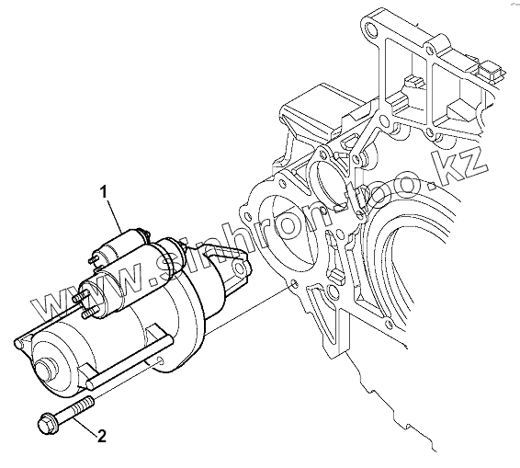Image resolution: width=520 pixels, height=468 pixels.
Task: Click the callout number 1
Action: coord(104,192)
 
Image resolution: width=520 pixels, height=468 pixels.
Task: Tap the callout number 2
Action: coord(102,436)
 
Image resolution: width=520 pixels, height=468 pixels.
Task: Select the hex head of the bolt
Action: coord(47,424)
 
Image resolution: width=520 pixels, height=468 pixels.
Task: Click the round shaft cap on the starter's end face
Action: coord(45,371)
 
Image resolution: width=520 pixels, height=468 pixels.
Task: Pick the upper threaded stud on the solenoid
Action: coord(82,295)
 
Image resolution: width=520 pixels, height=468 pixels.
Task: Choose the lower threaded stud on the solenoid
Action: coord(90,312)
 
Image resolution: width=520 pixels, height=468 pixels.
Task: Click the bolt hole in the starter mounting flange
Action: coord(160,360)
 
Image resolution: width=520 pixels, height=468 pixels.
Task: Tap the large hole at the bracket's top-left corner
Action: coord(371,29)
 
